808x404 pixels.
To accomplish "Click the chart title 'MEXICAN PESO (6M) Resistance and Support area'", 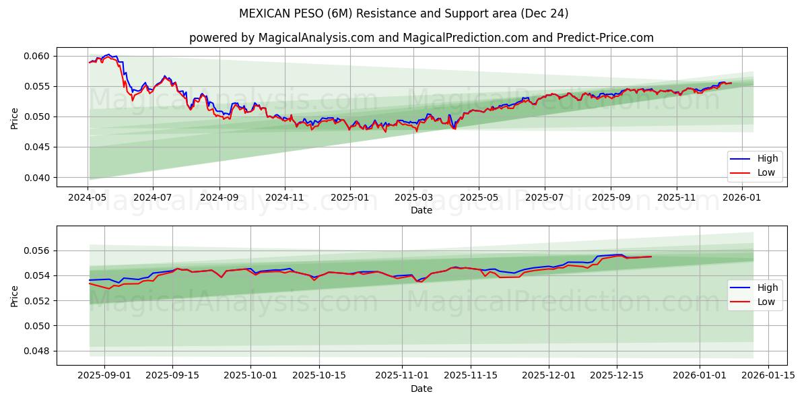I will click(x=403, y=13).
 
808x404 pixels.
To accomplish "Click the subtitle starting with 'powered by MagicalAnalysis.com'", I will click(x=421, y=38).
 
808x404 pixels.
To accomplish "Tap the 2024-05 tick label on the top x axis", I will click(x=88, y=198).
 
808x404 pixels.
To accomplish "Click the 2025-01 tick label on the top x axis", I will click(x=350, y=198).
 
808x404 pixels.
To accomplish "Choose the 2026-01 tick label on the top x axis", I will click(x=742, y=198).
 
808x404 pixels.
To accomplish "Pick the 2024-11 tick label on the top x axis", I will click(x=285, y=198).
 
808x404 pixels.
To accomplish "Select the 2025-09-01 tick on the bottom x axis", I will click(x=104, y=376).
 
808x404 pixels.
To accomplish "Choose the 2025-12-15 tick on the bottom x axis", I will click(x=617, y=376).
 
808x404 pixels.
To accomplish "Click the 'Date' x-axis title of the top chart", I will click(x=422, y=210).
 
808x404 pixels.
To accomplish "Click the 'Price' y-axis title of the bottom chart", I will click(x=15, y=296).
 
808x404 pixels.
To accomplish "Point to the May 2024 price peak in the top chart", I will click(x=108, y=55).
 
